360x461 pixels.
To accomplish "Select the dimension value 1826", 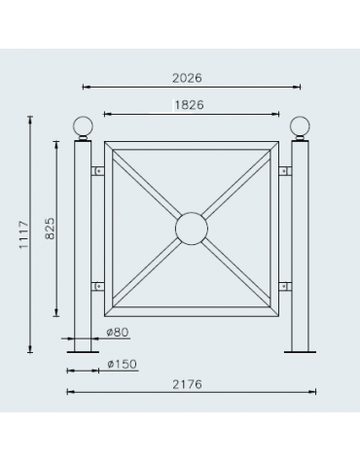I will pyautogui.click(x=191, y=103).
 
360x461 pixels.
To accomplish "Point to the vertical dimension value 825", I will pyautogui.click(x=51, y=227).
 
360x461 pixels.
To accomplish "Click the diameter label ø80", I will pyautogui.click(x=116, y=332).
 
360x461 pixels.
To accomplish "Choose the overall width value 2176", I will pyautogui.click(x=188, y=385).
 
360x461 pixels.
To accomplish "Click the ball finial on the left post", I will pyautogui.click(x=83, y=127).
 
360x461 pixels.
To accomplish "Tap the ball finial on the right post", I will pyautogui.click(x=300, y=127).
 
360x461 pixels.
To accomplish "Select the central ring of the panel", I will pyautogui.click(x=192, y=229).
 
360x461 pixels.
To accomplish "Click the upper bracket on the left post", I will pyautogui.click(x=97, y=171).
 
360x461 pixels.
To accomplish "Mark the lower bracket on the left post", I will pyautogui.click(x=97, y=286).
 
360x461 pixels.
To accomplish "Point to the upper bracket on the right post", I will pyautogui.click(x=284, y=171).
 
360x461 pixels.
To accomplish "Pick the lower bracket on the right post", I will pyautogui.click(x=284, y=286).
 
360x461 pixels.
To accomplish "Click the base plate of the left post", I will pyautogui.click(x=83, y=350).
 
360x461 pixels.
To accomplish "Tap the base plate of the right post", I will pyautogui.click(x=300, y=350).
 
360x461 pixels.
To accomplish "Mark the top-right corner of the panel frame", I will pyautogui.click(x=276, y=145).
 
